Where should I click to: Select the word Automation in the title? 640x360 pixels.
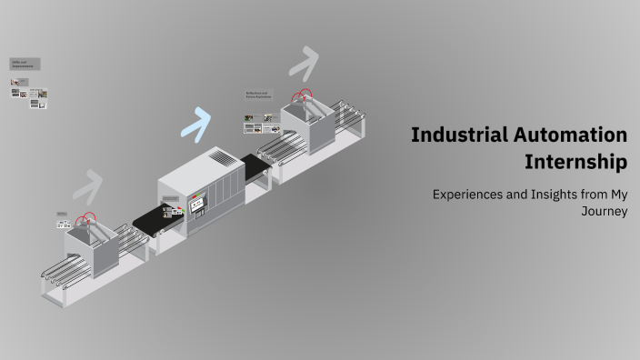click(x=573, y=135)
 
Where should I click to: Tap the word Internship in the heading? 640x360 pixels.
click(x=575, y=164)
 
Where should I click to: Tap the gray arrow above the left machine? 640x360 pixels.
click(x=89, y=185)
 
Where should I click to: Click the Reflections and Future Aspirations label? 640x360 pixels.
click(x=258, y=95)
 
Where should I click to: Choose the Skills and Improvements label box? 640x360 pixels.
click(x=25, y=65)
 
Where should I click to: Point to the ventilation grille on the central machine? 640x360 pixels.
click(x=222, y=158)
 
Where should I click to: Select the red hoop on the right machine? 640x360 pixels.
click(x=302, y=95)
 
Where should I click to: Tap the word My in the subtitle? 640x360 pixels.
click(x=620, y=194)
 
